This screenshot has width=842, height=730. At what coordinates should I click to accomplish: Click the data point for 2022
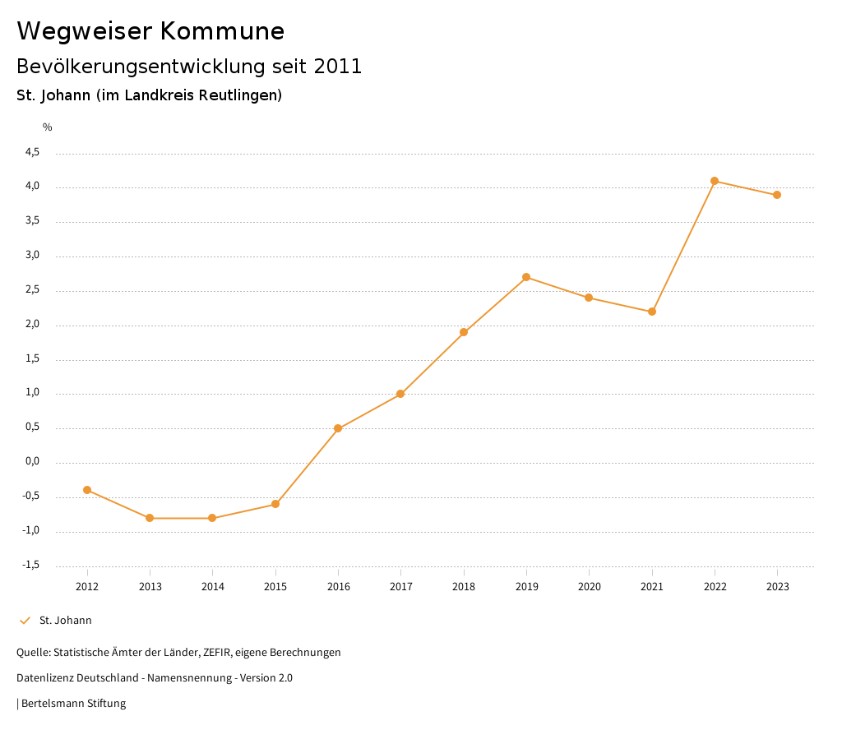tap(715, 181)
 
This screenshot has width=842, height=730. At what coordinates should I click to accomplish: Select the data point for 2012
tap(87, 490)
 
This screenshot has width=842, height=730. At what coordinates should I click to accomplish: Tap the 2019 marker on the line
tap(526, 277)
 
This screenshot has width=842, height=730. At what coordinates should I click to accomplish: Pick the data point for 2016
tap(338, 428)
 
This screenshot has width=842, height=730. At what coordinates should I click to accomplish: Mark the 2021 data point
tap(652, 312)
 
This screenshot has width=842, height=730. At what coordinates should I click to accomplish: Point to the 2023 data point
tap(777, 195)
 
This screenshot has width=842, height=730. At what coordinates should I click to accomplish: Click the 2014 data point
tap(212, 518)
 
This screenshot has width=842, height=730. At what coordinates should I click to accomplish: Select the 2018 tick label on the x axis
tap(464, 587)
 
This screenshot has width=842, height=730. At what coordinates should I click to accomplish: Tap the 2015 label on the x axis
tap(275, 587)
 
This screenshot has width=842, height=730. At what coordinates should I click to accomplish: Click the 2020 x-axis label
tap(590, 587)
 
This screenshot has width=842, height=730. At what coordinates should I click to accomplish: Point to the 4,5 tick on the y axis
tap(33, 152)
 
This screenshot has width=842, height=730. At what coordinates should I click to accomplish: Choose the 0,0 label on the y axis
tap(33, 461)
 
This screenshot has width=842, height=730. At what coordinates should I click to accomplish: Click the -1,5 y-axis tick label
tap(31, 565)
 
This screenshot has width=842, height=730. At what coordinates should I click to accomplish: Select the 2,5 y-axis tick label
tap(33, 289)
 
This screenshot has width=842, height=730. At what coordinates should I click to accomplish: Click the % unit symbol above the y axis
tap(48, 127)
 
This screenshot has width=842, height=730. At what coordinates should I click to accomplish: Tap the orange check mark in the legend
tap(25, 621)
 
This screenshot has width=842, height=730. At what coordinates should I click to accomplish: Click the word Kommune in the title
tap(222, 31)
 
